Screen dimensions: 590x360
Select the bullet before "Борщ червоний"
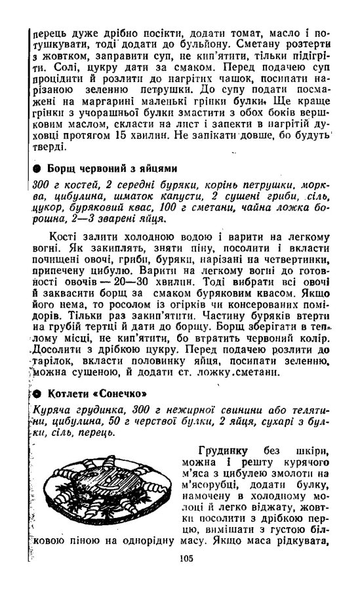pyautogui.click(x=37, y=168)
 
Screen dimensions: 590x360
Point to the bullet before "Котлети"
pyautogui.click(x=37, y=394)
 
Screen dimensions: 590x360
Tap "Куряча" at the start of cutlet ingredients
pyautogui.click(x=49, y=409)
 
